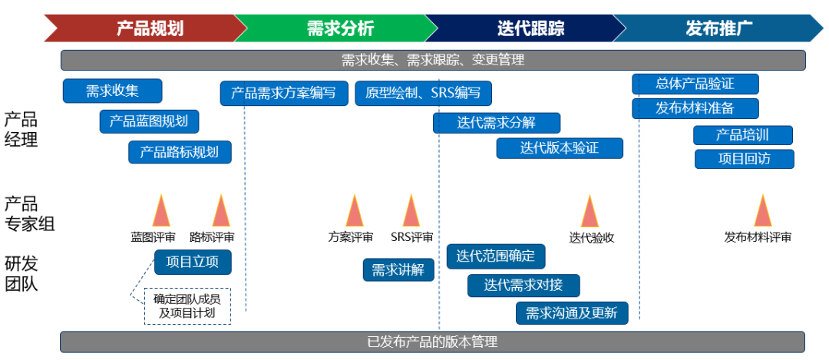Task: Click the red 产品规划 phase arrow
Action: click(x=146, y=28)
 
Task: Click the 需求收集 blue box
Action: click(x=113, y=91)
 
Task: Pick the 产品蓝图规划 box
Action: click(x=149, y=121)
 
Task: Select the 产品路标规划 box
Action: click(x=180, y=151)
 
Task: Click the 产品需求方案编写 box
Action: click(x=284, y=93)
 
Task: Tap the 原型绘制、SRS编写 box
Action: click(x=423, y=93)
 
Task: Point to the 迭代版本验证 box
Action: click(x=560, y=147)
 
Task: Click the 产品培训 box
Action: click(x=742, y=135)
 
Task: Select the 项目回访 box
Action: click(x=744, y=159)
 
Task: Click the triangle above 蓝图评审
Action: click(x=161, y=212)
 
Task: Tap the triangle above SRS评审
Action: click(x=411, y=212)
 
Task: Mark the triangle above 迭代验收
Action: click(x=590, y=212)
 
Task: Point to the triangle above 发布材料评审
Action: click(x=762, y=212)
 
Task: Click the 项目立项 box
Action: click(x=193, y=262)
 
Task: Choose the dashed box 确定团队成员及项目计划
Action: click(x=187, y=306)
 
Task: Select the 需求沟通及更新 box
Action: click(x=572, y=313)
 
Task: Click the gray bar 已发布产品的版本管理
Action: click(x=432, y=342)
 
